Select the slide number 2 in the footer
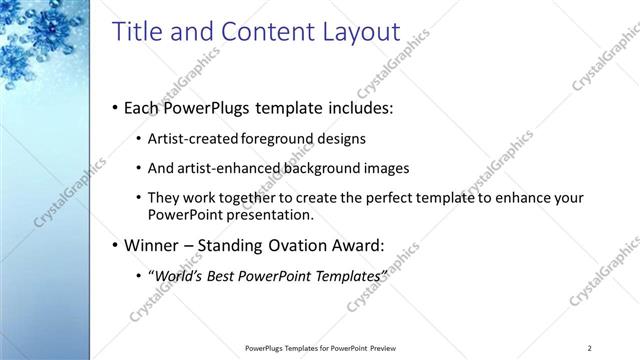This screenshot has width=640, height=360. pos(590,348)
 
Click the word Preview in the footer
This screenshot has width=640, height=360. pos(389,348)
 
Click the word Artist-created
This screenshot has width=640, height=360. pos(187,139)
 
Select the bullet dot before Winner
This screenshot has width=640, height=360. pos(116,243)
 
